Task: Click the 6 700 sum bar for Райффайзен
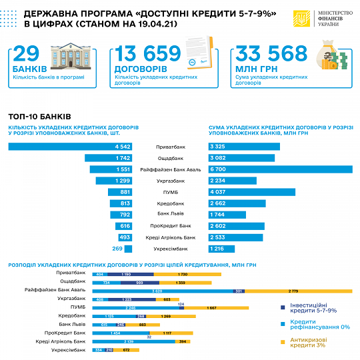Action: point(279,169)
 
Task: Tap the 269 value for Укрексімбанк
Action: point(117,249)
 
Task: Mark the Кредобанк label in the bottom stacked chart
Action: point(71,315)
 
